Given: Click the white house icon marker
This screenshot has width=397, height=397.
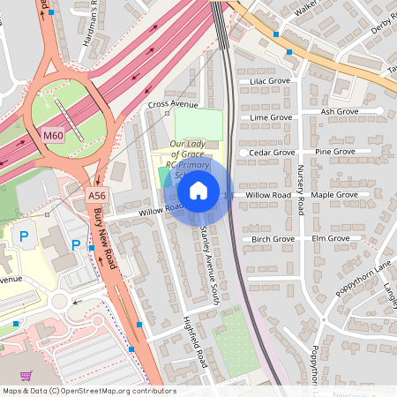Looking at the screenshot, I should (x=198, y=190).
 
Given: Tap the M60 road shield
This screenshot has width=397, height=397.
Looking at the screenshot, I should (x=53, y=135).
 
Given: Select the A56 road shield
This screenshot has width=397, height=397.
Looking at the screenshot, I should (x=97, y=195).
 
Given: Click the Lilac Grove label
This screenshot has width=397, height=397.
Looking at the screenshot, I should (x=270, y=81).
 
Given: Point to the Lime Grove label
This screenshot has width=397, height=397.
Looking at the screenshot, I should (x=271, y=116).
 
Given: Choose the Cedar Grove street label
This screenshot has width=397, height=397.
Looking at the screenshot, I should (x=272, y=152).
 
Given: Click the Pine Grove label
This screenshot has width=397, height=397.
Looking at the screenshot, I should (x=335, y=152).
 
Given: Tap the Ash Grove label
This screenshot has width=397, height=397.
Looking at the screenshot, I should (x=340, y=112).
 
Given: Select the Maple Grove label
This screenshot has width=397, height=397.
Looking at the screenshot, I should (x=334, y=194).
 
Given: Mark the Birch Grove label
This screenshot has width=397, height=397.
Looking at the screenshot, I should (x=273, y=239).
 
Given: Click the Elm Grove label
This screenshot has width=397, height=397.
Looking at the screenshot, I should (x=331, y=238).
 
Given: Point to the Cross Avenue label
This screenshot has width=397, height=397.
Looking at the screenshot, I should (x=173, y=104).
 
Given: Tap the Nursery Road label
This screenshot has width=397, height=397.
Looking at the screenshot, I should (x=301, y=191).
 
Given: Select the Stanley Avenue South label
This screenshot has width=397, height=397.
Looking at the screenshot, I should (x=208, y=257).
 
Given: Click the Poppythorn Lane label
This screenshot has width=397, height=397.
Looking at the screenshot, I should (x=363, y=280).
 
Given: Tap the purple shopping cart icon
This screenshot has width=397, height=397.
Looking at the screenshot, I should (x=26, y=375).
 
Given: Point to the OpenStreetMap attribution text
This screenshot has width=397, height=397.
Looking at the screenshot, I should (x=89, y=391).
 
